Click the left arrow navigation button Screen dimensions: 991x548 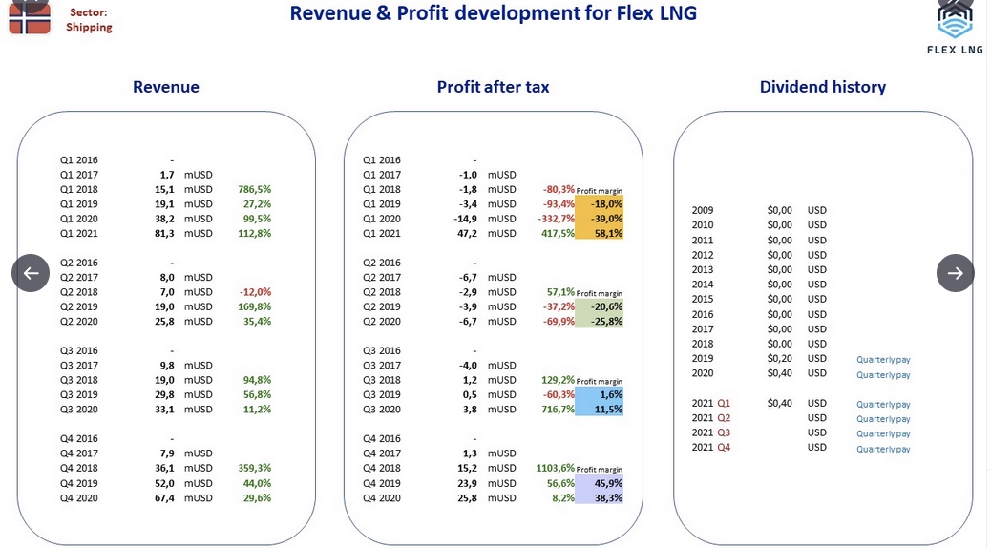31,273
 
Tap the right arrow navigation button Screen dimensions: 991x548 955,273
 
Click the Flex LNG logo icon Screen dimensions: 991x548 955,19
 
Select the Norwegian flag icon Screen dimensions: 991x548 30,17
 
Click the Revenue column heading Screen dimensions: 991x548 165,87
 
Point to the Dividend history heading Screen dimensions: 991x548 822,87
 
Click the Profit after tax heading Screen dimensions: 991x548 493,87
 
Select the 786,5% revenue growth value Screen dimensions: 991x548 255,189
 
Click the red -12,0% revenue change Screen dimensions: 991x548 255,292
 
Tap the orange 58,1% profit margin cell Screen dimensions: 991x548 600,233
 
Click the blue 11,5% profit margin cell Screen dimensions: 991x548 600,409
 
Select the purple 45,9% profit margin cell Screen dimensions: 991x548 600,483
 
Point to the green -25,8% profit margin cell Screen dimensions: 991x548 600,321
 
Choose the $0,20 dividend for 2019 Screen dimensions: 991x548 779,358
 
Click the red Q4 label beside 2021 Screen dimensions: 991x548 724,447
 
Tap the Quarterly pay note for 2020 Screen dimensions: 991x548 883,375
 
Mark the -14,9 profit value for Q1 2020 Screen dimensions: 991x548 465,219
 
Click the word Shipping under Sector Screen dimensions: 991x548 89,27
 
